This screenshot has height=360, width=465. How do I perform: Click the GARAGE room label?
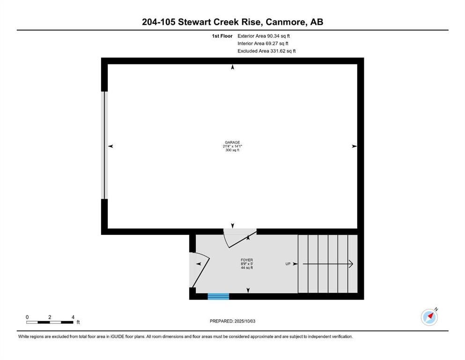[232, 142]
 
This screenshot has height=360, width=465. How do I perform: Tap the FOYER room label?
[247, 260]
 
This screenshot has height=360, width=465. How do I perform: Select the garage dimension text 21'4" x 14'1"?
[232, 146]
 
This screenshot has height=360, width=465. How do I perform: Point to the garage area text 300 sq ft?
[232, 150]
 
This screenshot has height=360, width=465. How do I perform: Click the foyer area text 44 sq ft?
[247, 267]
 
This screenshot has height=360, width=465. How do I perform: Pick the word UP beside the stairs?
[288, 264]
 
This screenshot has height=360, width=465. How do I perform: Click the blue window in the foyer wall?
[218, 296]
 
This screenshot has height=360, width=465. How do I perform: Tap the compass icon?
[429, 317]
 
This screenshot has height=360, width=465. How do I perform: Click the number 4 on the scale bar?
[73, 317]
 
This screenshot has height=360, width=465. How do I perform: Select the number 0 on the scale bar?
[27, 317]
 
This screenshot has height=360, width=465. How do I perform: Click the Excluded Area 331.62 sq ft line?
[266, 51]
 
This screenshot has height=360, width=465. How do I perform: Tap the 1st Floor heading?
[221, 36]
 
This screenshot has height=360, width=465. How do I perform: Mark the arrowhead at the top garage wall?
[232, 67]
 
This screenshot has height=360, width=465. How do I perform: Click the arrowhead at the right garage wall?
[354, 146]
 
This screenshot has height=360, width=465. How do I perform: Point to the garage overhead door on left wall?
[105, 145]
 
